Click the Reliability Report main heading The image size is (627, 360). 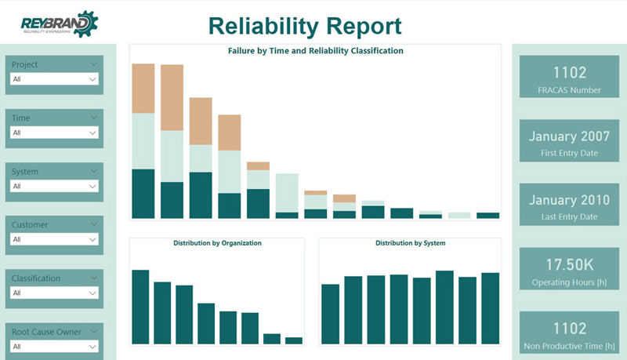tap(305, 26)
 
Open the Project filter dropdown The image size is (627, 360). tap(54, 79)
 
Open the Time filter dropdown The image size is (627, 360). tap(54, 133)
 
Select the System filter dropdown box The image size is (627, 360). tap(54, 186)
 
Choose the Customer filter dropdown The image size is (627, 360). tap(54, 239)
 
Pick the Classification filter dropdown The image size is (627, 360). tap(54, 293)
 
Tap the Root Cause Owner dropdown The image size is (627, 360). tap(54, 346)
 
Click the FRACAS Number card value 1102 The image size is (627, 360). tap(569, 73)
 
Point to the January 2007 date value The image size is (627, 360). tap(569, 136)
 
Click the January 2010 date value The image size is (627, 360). tap(569, 200)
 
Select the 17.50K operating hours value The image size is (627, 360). tap(569, 264)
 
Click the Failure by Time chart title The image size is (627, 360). tap(315, 51)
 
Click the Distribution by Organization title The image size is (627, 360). tap(217, 243)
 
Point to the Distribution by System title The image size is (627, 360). tap(410, 243)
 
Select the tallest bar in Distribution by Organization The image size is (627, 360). tap(140, 307)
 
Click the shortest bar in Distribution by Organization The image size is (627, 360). tap(294, 340)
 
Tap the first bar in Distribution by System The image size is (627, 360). tap(330, 314)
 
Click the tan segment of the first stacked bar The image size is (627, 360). tap(143, 89)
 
